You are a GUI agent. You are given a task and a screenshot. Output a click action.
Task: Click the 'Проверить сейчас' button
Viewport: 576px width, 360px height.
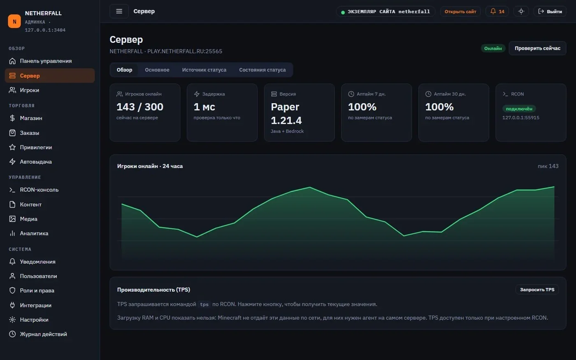537,49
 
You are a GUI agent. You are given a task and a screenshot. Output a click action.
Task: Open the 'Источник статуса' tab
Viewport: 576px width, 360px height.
204,70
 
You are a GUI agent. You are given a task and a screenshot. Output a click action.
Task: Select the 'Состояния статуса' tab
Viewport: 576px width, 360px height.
262,70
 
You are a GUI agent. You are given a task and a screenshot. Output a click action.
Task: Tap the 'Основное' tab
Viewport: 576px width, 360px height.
157,70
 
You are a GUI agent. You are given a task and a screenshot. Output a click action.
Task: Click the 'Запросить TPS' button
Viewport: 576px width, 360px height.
537,290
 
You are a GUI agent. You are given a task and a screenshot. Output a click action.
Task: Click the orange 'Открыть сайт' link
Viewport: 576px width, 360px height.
460,12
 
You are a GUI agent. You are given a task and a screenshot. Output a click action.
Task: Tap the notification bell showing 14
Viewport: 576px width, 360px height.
497,12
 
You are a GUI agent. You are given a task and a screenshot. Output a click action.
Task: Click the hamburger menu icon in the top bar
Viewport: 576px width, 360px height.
119,12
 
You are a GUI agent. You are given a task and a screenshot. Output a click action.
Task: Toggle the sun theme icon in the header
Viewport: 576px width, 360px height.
521,12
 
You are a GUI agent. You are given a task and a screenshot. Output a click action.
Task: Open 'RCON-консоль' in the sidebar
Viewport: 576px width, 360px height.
34,190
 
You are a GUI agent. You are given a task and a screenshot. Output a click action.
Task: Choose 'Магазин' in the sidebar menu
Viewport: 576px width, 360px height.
26,118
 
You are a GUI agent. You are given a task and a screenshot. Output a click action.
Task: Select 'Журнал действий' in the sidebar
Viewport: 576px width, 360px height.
38,334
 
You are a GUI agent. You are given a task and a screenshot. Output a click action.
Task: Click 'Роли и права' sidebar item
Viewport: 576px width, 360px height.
32,290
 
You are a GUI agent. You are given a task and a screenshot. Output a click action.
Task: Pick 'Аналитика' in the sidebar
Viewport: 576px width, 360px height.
29,234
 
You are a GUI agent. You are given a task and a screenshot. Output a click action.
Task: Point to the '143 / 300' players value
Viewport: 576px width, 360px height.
140,107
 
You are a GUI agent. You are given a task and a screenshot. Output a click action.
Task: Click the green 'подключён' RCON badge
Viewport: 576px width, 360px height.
519,109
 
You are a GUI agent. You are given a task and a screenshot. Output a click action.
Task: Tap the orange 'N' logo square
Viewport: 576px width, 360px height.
14,21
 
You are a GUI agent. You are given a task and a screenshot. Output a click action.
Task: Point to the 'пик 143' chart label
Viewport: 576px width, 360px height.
548,166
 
